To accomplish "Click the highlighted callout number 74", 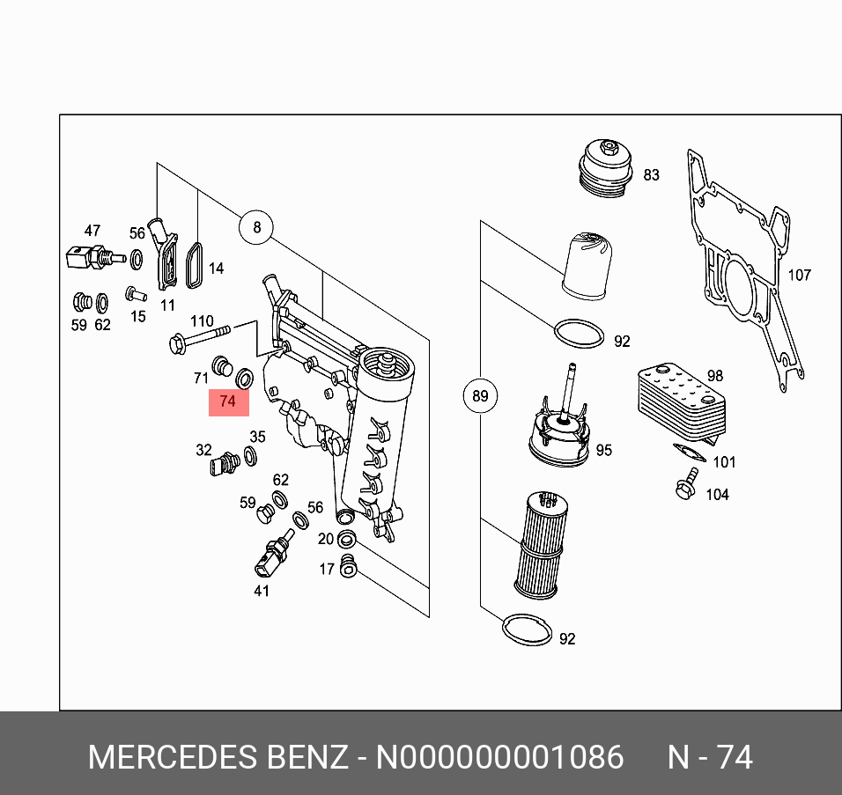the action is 228,401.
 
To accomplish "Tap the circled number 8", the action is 256,229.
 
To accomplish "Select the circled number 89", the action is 480,396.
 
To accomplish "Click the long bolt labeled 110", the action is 199,338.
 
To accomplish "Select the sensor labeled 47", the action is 88,258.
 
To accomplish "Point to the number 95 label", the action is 603,451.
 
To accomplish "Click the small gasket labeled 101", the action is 690,453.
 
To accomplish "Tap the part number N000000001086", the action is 499,758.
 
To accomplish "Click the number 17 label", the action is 326,570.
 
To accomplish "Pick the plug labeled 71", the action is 223,364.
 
